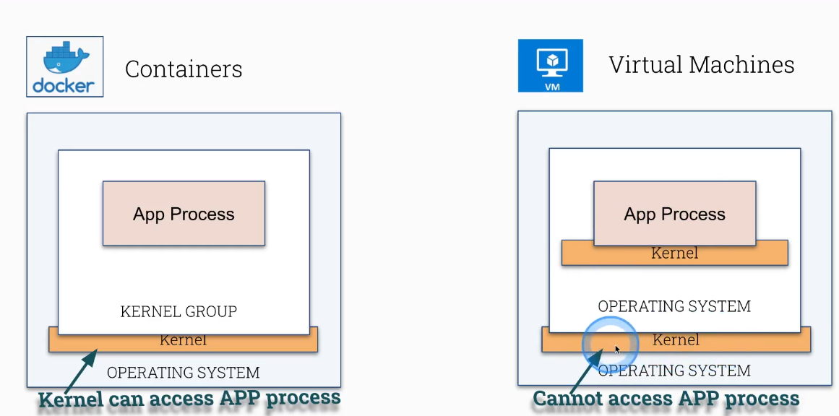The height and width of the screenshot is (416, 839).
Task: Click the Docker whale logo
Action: click(64, 58)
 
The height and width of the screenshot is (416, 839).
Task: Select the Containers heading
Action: click(184, 69)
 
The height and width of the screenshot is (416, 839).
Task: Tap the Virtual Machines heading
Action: click(701, 65)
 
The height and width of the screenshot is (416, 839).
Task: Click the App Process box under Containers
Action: click(184, 214)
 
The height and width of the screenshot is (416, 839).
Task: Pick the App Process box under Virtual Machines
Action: click(674, 214)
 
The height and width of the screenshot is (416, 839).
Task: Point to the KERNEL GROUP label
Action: click(178, 312)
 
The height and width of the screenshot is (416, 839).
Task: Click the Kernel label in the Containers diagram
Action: click(183, 340)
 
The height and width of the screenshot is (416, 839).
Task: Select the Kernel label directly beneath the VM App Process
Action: click(674, 253)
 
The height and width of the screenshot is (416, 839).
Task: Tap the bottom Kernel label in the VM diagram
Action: click(676, 340)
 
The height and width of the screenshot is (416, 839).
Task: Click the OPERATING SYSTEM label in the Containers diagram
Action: click(183, 373)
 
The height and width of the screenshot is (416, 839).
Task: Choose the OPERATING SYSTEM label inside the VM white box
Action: click(674, 306)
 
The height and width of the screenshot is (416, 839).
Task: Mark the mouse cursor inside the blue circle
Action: click(617, 350)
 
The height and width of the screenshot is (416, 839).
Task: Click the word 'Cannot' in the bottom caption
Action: click(568, 399)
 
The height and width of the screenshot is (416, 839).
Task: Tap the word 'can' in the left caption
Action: click(124, 398)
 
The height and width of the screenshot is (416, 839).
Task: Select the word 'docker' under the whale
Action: click(64, 87)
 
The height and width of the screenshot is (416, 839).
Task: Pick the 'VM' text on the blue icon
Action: click(551, 85)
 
